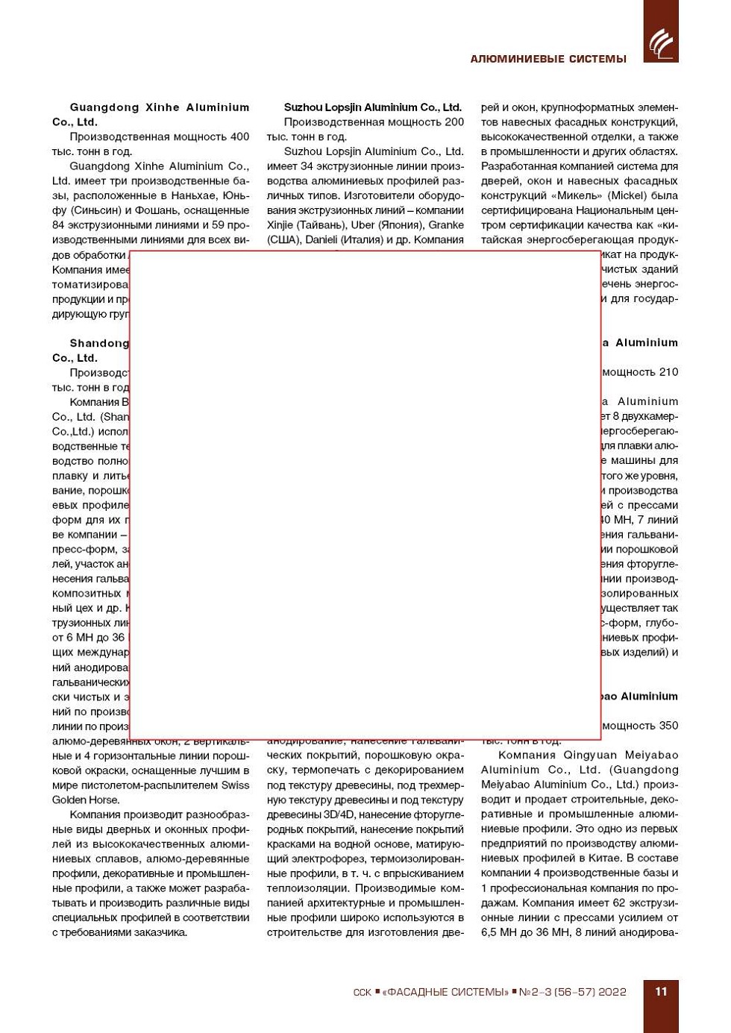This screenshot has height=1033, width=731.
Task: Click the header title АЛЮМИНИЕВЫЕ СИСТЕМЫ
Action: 548,59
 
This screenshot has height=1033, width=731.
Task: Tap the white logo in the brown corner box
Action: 660,43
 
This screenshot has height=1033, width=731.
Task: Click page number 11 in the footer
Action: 661,991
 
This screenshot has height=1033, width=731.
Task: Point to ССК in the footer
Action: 362,992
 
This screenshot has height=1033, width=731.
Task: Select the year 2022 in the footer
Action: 612,992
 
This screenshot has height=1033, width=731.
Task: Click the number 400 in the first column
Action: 239,136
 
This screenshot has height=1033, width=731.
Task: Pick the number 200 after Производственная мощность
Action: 454,122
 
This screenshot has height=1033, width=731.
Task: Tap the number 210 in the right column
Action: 668,371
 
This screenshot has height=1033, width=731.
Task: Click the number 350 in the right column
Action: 668,725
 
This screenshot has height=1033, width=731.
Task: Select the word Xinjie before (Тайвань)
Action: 280,225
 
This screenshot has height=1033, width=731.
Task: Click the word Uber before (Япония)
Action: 363,225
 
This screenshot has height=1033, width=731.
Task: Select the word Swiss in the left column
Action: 235,785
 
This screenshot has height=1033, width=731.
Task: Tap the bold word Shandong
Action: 99,343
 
